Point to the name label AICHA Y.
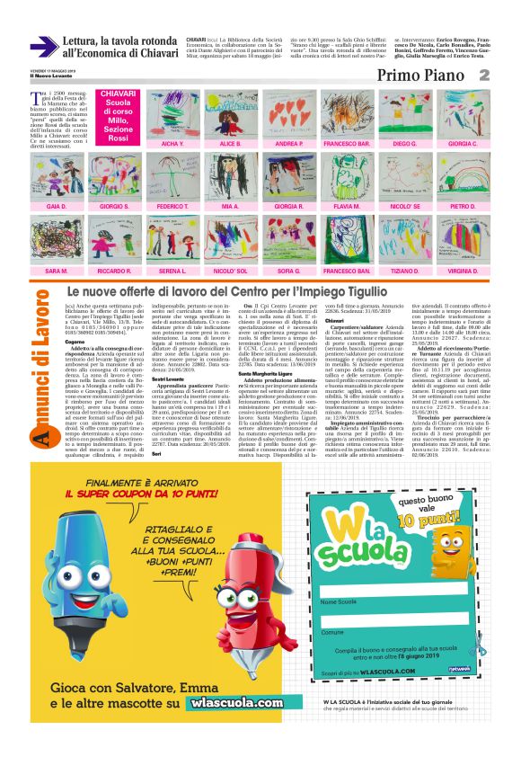tap(172, 143)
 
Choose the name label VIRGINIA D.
tap(463, 271)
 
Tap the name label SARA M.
tap(57, 271)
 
